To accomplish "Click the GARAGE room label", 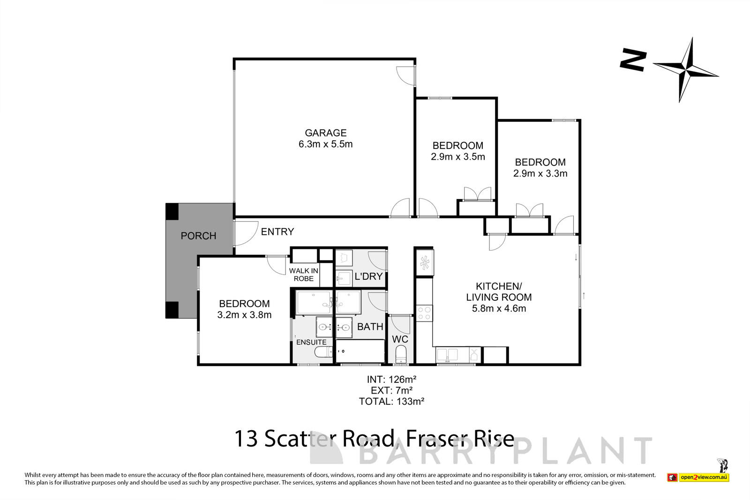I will pos(325,133).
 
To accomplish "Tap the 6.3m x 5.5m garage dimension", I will pos(325,144).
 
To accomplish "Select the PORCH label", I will pos(198,236).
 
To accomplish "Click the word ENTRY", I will pos(277,231).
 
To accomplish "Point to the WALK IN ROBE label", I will pos(303,275).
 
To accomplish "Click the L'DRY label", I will pos(368,276).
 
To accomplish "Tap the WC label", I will pos(400,339).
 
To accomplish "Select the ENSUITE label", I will pos(311,343).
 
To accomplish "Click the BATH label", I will pos(370,327).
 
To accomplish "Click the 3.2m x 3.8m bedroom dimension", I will pos(244,315).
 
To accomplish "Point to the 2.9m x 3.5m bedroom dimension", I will pos(457,157).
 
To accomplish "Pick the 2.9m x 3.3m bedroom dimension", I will pos(540,174).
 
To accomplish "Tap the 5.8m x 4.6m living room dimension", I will pos(499,308).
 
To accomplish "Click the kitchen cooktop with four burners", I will pos(424,313).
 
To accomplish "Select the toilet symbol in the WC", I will pos(401,354).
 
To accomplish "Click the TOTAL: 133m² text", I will pos(391,401).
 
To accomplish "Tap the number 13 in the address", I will pos(246,440).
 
